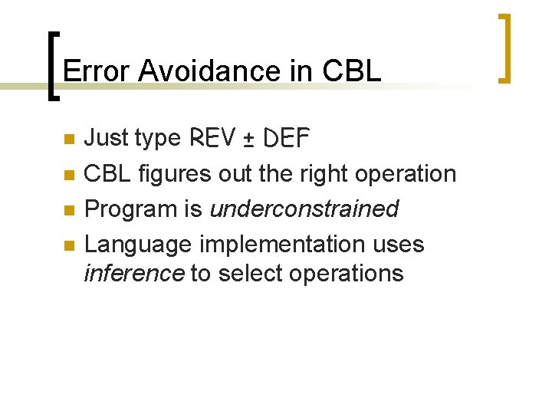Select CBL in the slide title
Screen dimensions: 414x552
click(x=352, y=71)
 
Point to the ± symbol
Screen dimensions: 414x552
click(x=249, y=140)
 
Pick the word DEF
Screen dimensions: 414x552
click(x=285, y=138)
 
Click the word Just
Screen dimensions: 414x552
click(x=105, y=138)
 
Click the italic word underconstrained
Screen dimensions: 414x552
click(x=304, y=209)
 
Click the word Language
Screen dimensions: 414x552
click(x=138, y=245)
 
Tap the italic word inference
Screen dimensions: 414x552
click(x=133, y=273)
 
